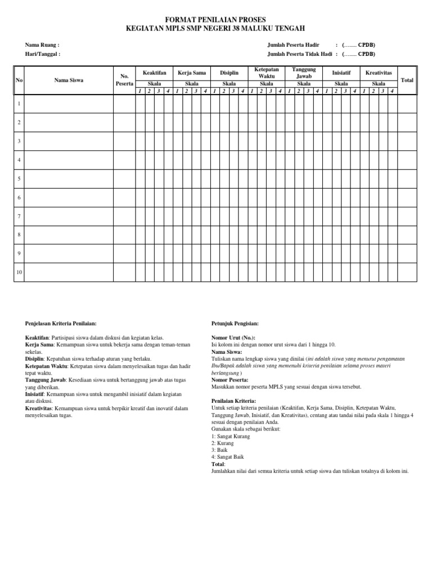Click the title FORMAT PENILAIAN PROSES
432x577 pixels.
point(215,19)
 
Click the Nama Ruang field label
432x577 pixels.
point(42,45)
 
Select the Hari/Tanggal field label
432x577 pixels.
point(43,55)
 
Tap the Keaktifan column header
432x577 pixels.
point(155,73)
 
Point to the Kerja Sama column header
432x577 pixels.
point(192,73)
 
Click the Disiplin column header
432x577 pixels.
point(229,73)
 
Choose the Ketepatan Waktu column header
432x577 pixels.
point(267,72)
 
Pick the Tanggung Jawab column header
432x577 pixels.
point(304,72)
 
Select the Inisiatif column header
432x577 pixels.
point(342,73)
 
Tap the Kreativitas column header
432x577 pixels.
point(379,73)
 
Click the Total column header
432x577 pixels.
point(407,80)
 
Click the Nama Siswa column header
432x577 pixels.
point(69,80)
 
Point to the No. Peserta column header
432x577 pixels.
point(125,80)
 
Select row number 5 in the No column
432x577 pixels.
point(19,179)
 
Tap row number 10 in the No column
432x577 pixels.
point(19,272)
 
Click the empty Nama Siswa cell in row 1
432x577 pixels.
point(69,104)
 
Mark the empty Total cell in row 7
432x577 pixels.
point(407,216)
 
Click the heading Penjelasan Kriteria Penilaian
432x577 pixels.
point(61,323)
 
